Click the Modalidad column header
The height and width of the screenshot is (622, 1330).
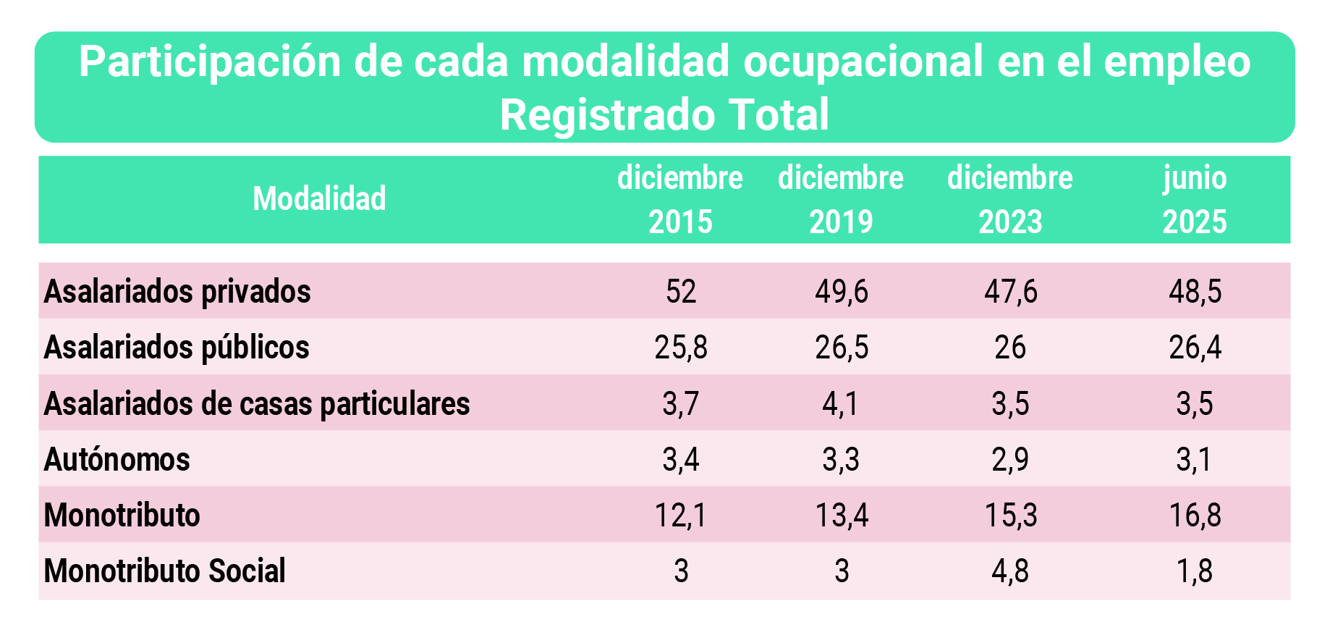(x=319, y=199)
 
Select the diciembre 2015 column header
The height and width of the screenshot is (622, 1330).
(x=680, y=200)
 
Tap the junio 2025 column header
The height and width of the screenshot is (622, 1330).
(x=1195, y=200)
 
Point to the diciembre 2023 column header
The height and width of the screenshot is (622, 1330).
(x=1010, y=200)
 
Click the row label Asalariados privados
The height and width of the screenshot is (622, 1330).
(x=177, y=292)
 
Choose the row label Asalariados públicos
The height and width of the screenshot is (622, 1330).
(x=177, y=348)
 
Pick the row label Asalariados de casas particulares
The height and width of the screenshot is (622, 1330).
(x=257, y=403)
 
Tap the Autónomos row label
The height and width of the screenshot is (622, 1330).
(x=117, y=459)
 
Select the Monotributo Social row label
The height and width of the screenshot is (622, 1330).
(x=165, y=571)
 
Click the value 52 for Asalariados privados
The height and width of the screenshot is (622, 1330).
(x=681, y=292)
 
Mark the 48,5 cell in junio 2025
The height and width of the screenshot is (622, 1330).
(x=1195, y=292)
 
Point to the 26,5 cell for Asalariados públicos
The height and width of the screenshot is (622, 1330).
(x=842, y=348)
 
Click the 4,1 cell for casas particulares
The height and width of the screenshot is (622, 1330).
(x=841, y=403)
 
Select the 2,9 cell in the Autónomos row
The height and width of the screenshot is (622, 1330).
(x=1010, y=459)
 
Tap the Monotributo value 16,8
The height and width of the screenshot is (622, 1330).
(x=1195, y=516)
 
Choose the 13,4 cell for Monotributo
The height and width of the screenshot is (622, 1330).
(x=842, y=516)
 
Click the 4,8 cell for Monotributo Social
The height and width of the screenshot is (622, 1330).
(x=1010, y=571)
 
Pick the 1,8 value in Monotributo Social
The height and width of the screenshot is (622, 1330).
(x=1195, y=571)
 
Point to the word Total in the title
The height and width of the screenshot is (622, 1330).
(x=779, y=115)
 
